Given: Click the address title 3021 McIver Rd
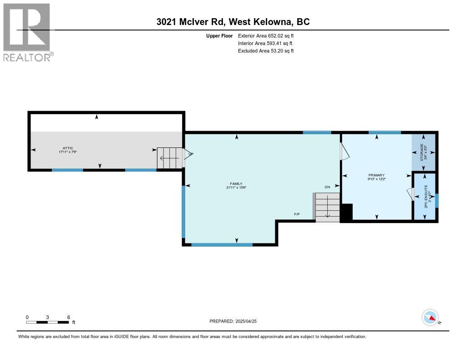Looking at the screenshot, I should (233, 22).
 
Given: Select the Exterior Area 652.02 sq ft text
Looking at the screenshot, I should (266, 35).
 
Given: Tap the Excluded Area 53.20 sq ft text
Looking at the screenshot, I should (266, 51).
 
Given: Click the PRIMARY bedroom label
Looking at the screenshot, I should (376, 177).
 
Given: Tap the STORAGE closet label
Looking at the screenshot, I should (423, 152).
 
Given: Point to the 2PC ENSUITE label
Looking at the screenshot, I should (426, 197).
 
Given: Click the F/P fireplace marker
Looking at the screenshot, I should (297, 214).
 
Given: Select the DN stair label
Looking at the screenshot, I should (327, 187).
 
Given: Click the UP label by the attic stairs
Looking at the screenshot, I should (191, 154).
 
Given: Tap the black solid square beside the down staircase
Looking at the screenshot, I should (346, 213).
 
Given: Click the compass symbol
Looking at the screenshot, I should (430, 318).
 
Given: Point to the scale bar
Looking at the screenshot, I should (47, 322).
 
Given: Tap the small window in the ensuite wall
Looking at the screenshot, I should (437, 200).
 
